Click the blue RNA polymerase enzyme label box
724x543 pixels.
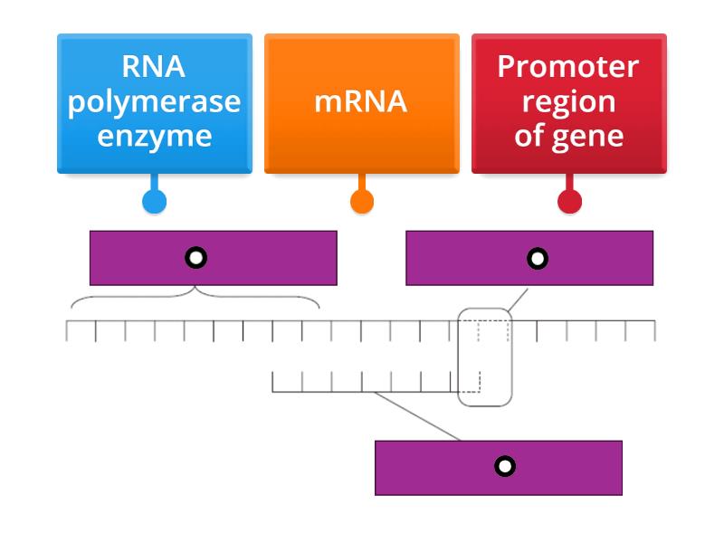coord(154,102)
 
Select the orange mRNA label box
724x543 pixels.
coord(361,102)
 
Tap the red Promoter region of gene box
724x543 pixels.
coord(568,102)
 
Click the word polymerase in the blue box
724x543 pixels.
coord(154,101)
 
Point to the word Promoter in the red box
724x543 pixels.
coord(568,67)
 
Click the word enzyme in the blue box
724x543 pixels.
coord(154,136)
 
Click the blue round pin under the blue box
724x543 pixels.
coord(155,201)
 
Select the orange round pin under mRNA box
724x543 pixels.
coord(362,201)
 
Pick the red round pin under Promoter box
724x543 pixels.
coord(569,201)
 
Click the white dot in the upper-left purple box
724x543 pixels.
coord(195,258)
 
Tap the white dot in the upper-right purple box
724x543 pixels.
coord(538,259)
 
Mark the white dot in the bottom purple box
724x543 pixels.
coord(505,467)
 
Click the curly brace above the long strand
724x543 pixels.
coord(195,296)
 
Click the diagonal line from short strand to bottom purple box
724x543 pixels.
coord(416,416)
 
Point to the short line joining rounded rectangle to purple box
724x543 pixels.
coord(518,300)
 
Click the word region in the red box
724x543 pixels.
coord(568,101)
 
